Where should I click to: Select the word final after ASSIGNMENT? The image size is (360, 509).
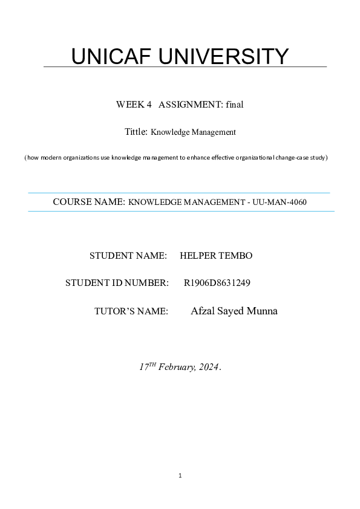(x=235, y=105)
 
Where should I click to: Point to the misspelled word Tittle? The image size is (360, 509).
(x=136, y=131)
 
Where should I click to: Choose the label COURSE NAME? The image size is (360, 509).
(x=89, y=202)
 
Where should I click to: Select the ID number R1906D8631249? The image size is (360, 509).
(x=217, y=282)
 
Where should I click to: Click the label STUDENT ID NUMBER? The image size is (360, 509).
(x=117, y=282)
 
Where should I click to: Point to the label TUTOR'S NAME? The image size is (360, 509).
(x=131, y=311)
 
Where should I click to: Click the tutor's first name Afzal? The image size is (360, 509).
(x=202, y=311)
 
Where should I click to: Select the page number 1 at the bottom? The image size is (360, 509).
(x=180, y=476)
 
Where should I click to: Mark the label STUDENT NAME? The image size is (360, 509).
(x=128, y=256)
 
